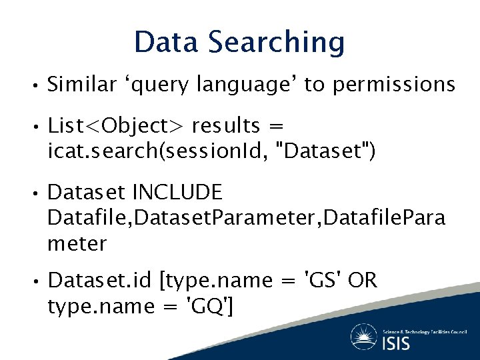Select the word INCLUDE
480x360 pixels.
tap(177, 193)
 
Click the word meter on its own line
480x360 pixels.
tap(77, 244)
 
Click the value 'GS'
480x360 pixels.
tap(323, 281)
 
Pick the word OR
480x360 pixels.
tap(363, 281)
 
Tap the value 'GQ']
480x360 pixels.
tap(210, 307)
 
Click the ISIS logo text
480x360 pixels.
tap(397, 343)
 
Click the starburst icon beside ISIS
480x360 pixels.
tap(363, 336)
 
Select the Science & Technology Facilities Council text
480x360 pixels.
tap(425, 331)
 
